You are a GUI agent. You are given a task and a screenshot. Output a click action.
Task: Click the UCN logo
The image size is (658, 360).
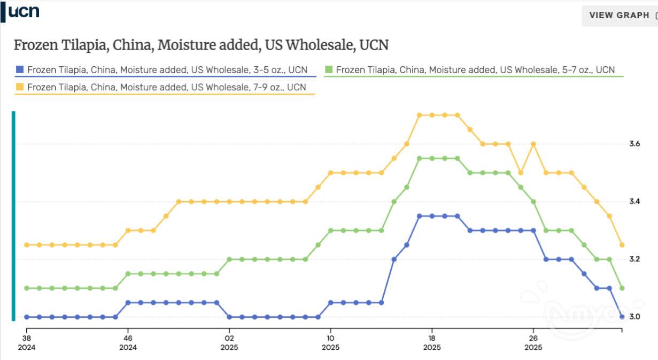(24, 12)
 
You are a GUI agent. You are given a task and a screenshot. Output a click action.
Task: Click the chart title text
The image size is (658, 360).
(201, 45)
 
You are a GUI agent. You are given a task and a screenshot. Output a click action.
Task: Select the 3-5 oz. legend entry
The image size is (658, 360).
(167, 70)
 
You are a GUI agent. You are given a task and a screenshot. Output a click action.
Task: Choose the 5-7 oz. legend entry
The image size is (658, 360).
(475, 70)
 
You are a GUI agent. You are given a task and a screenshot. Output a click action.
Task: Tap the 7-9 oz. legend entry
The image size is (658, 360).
(166, 87)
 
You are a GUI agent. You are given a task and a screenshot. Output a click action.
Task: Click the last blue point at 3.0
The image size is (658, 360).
(622, 317)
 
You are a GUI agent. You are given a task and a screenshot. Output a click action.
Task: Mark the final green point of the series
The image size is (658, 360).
(622, 288)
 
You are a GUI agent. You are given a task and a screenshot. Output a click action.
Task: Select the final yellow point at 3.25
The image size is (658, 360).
(622, 245)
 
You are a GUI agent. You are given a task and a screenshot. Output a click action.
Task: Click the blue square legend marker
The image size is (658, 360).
(20, 69)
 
